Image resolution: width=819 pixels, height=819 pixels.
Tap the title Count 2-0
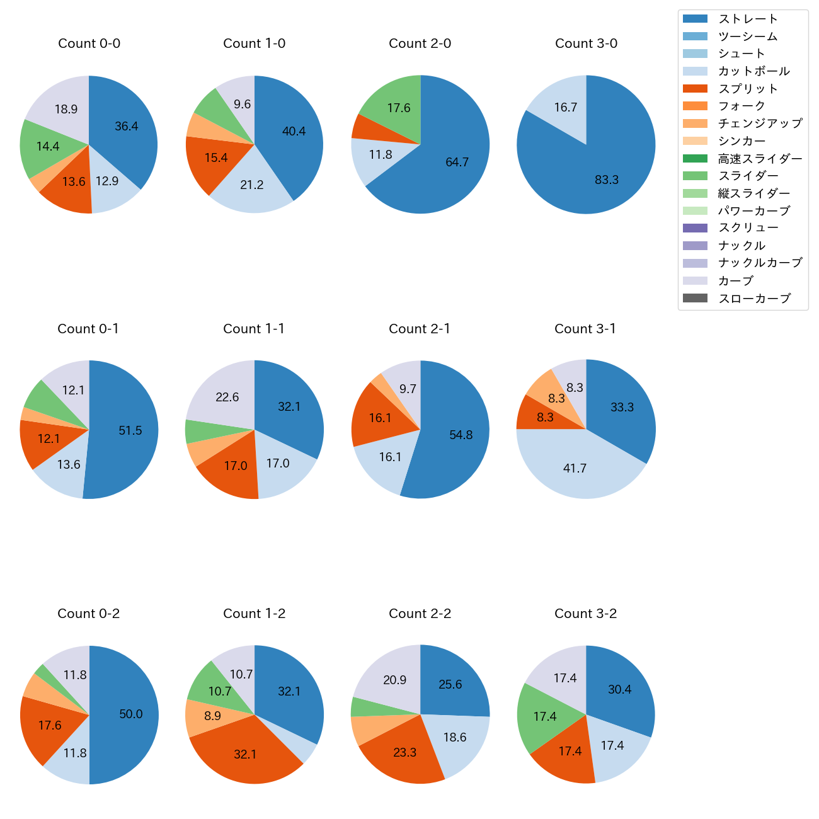[420, 43]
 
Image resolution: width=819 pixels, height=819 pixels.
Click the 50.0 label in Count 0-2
[131, 714]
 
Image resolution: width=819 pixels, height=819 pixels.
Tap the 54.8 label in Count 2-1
[461, 435]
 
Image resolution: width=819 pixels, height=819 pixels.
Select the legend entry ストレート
[748, 19]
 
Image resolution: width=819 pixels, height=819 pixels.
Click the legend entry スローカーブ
[754, 299]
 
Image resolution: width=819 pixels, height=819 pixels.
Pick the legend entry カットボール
[753, 71]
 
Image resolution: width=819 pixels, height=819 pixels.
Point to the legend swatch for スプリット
[695, 89]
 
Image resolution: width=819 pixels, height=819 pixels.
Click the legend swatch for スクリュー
[695, 228]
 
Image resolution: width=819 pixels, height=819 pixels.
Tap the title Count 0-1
[88, 329]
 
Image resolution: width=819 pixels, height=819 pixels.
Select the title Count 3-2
[586, 614]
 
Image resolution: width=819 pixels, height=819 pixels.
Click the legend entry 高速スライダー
[760, 159]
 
